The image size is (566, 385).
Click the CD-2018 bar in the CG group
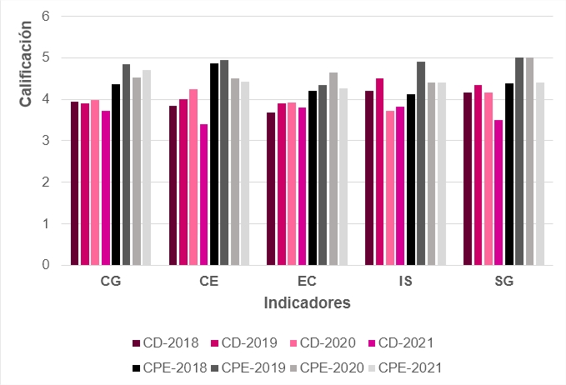[x=74, y=183]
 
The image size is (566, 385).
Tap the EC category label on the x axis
[x=307, y=282]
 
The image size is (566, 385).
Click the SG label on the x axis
[x=503, y=282]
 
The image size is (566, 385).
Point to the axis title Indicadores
[x=307, y=302]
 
